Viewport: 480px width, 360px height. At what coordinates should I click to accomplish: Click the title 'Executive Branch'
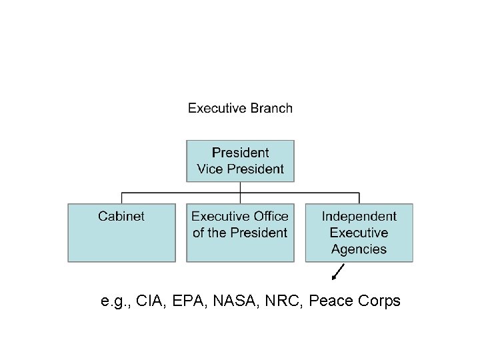pyautogui.click(x=240, y=108)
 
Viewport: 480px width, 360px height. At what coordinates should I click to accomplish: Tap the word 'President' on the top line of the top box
pyautogui.click(x=240, y=153)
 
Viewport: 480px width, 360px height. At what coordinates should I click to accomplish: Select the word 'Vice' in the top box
pyautogui.click(x=209, y=169)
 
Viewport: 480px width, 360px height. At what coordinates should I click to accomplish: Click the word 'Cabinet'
pyautogui.click(x=121, y=216)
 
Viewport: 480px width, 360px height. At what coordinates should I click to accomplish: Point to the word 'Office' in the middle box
pyautogui.click(x=270, y=216)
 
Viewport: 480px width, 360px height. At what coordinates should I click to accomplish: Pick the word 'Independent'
pyautogui.click(x=359, y=216)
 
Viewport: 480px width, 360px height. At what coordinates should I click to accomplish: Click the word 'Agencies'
pyautogui.click(x=359, y=249)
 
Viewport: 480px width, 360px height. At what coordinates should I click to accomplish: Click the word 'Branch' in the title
pyautogui.click(x=271, y=108)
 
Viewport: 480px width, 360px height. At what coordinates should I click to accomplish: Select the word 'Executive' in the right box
pyautogui.click(x=359, y=233)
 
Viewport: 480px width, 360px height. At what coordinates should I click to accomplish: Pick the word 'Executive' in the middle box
pyautogui.click(x=221, y=216)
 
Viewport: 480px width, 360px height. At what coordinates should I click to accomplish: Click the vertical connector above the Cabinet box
pyautogui.click(x=121, y=198)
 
